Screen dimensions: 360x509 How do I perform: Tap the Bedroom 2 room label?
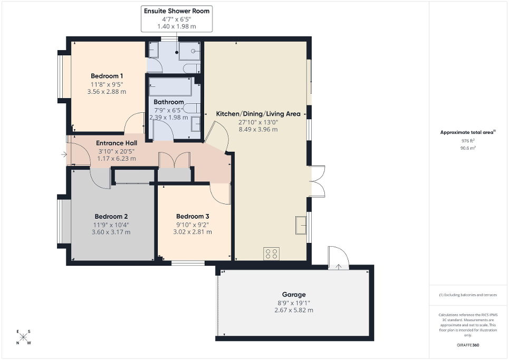click(111, 216)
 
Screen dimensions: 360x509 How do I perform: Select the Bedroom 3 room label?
click(193, 216)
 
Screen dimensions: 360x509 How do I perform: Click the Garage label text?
click(294, 295)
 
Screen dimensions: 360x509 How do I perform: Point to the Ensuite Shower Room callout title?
click(176, 11)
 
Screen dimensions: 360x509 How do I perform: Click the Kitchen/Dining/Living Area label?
click(258, 114)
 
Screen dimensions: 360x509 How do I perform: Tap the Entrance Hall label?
click(116, 143)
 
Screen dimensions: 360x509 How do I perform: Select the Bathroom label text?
click(169, 102)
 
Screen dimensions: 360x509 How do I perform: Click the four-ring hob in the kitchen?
click(271, 254)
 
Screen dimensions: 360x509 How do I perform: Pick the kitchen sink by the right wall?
click(301, 225)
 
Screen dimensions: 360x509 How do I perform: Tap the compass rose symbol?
click(24, 337)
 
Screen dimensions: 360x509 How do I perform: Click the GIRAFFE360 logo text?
click(468, 345)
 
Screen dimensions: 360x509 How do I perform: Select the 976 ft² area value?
click(468, 141)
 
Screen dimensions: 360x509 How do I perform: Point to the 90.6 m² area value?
click(468, 148)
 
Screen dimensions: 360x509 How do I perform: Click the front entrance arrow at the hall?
click(64, 154)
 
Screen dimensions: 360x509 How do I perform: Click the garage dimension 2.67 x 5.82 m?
click(294, 310)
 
